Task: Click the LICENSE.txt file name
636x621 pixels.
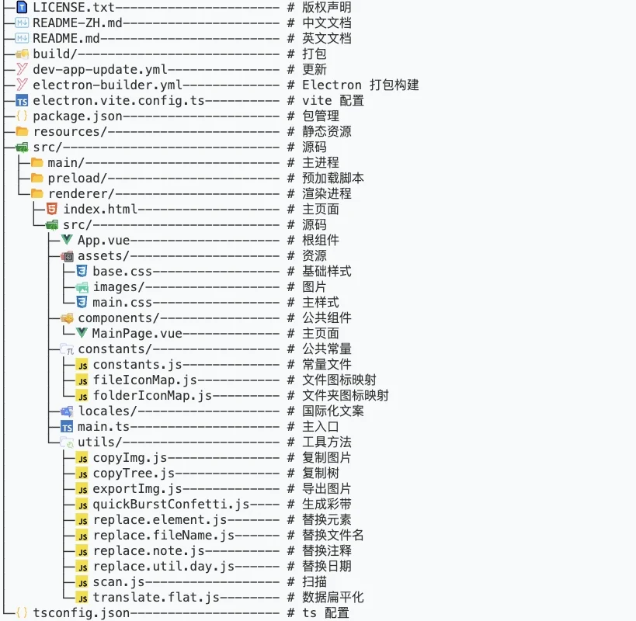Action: pos(74,7)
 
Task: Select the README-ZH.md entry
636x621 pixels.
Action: pos(78,23)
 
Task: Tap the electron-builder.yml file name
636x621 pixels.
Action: pos(107,85)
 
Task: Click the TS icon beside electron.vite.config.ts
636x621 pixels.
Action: pos(22,101)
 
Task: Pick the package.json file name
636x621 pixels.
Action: pos(78,116)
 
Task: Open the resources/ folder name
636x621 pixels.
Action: pos(70,132)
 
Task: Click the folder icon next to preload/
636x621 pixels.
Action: pos(37,178)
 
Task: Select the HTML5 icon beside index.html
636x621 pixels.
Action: pos(52,209)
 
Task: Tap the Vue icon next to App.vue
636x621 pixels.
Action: pos(67,240)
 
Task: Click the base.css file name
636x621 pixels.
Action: pos(123,271)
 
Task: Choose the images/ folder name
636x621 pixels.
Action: pos(119,287)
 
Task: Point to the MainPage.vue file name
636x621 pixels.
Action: pos(137,334)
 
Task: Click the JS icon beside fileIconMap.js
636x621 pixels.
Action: pos(82,380)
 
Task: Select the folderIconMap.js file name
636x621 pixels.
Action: pos(152,396)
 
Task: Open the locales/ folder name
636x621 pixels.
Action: pos(107,411)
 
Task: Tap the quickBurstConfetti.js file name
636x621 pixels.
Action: pos(171,505)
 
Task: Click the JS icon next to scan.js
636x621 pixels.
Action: pos(82,582)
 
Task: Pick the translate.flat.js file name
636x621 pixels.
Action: pos(156,598)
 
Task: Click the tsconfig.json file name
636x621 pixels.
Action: pos(81,613)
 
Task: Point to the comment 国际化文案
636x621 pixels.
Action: pos(333,411)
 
